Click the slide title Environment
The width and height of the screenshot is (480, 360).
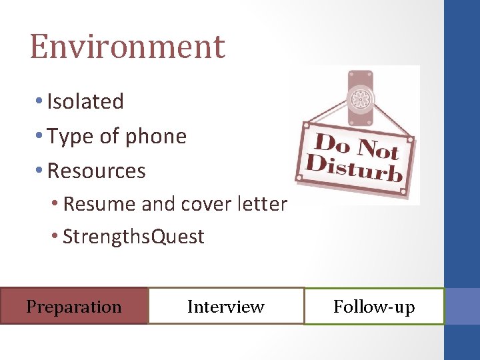127,47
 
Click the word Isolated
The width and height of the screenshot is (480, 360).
85,102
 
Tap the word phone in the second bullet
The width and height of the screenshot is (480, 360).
156,137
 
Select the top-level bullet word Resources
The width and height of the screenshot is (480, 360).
97,171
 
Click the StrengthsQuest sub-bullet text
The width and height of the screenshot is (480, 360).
133,237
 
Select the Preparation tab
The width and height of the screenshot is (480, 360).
73,307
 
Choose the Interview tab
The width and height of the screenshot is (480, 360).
226,307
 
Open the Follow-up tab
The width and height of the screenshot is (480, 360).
374,307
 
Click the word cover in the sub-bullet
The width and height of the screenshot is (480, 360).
198,203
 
